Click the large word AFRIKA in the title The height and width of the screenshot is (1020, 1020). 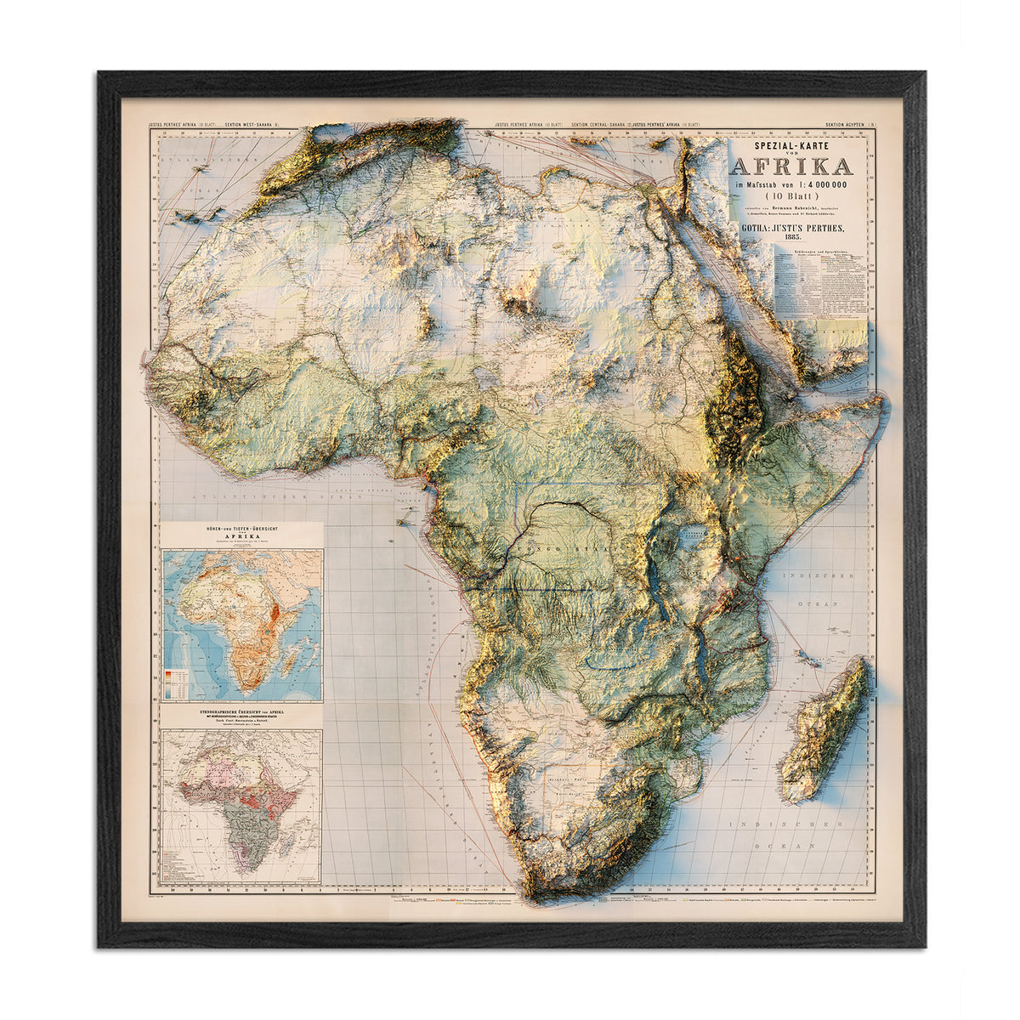tap(790, 166)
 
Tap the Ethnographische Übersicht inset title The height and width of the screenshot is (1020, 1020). tap(241, 711)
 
